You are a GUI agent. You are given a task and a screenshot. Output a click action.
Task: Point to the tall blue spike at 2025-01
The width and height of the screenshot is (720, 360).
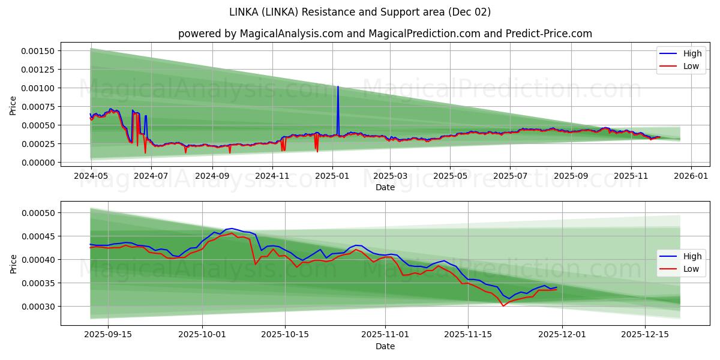(x=338, y=88)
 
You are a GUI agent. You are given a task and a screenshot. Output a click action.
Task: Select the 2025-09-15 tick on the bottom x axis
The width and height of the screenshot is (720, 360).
(x=108, y=335)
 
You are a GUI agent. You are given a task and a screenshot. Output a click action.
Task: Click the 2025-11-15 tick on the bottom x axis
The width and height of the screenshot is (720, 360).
(x=467, y=335)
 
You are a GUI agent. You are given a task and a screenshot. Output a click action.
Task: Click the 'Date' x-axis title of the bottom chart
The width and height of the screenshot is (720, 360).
(x=385, y=346)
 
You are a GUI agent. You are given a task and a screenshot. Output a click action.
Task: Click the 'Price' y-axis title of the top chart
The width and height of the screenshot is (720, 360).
(x=13, y=106)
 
